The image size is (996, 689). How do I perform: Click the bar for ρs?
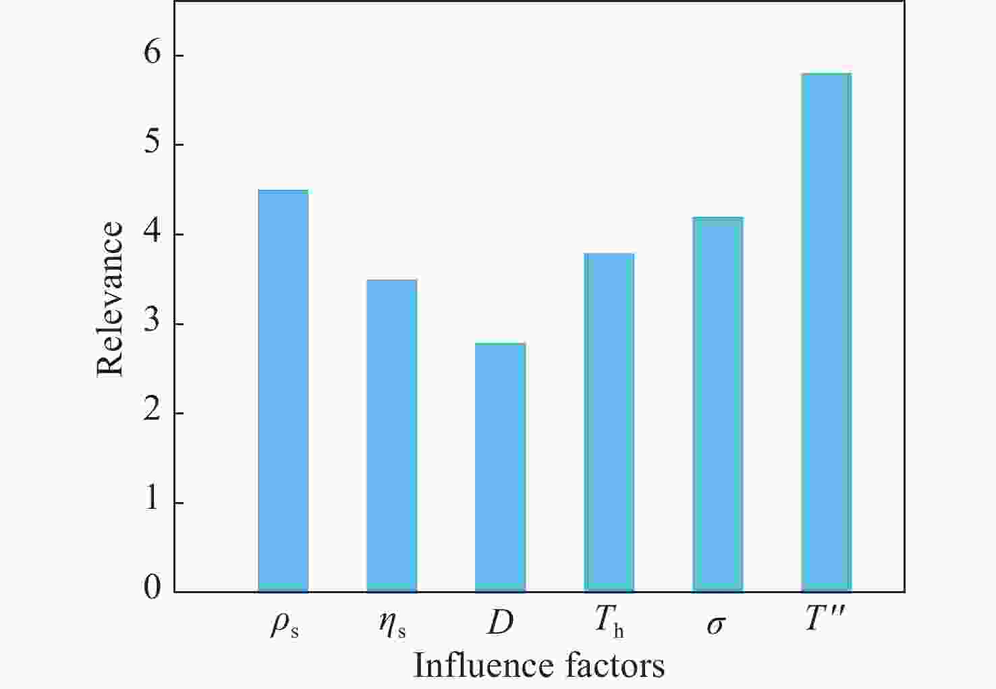tap(283, 391)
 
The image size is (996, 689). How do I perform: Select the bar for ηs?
tap(392, 436)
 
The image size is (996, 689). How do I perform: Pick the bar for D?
tap(500, 468)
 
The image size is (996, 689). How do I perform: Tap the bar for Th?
tap(609, 422)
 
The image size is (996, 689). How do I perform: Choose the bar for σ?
tap(717, 405)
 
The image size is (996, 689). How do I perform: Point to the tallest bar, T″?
tap(826, 333)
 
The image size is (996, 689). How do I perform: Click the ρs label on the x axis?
tap(285, 624)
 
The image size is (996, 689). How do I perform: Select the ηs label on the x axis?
tap(392, 624)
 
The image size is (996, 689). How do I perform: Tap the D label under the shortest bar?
tap(500, 622)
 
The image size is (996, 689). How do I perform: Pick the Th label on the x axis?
tap(609, 622)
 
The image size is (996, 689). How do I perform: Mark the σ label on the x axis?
tap(716, 625)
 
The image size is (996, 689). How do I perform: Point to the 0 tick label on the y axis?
tap(153, 588)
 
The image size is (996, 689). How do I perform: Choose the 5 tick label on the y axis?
tap(153, 144)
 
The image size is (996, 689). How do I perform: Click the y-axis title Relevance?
tap(109, 299)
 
